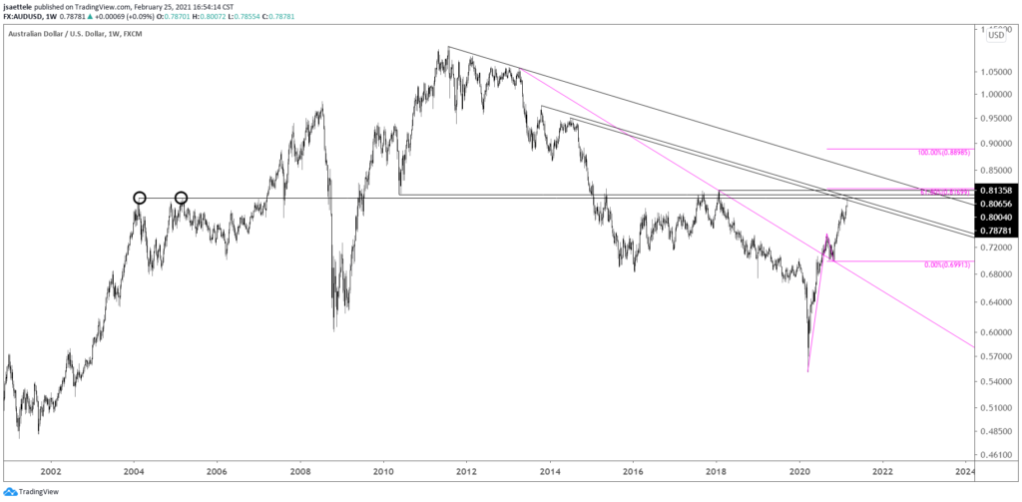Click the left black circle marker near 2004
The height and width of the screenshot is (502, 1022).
click(140, 198)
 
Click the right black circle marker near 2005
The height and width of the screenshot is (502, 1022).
click(182, 198)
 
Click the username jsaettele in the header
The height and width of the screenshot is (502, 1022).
click(26, 6)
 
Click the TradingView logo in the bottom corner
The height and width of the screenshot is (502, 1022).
click(32, 491)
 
